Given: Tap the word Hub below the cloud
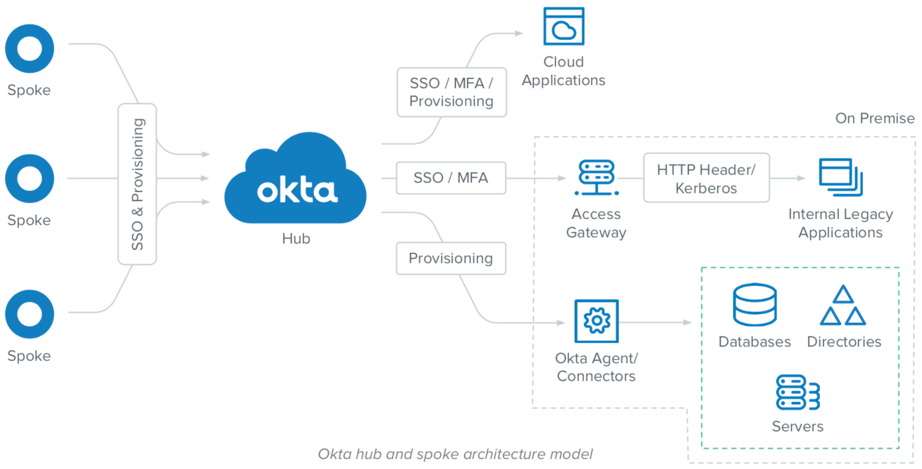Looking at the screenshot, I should coord(296,239).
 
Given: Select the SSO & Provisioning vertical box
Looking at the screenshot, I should coord(137,184).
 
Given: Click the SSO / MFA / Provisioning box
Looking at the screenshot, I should coord(451,92).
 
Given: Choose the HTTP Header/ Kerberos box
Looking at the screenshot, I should coord(706,179).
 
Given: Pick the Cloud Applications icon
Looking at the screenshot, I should coord(564,26).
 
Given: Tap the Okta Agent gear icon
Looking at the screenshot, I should coord(596,321).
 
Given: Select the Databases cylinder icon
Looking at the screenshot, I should coord(754,305).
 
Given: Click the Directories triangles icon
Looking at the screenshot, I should coord(843,306).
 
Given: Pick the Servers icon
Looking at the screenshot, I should coord(797,393).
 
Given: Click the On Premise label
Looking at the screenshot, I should coord(875,118).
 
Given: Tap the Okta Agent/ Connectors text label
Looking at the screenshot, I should coord(596,367).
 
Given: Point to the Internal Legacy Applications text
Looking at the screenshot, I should coord(840,223).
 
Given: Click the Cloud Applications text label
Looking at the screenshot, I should coord(564,71).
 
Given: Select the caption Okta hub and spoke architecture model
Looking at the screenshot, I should coord(455,454).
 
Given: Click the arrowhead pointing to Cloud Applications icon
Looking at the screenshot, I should coord(519,33).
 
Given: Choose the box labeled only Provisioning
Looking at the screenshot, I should coord(451,258).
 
